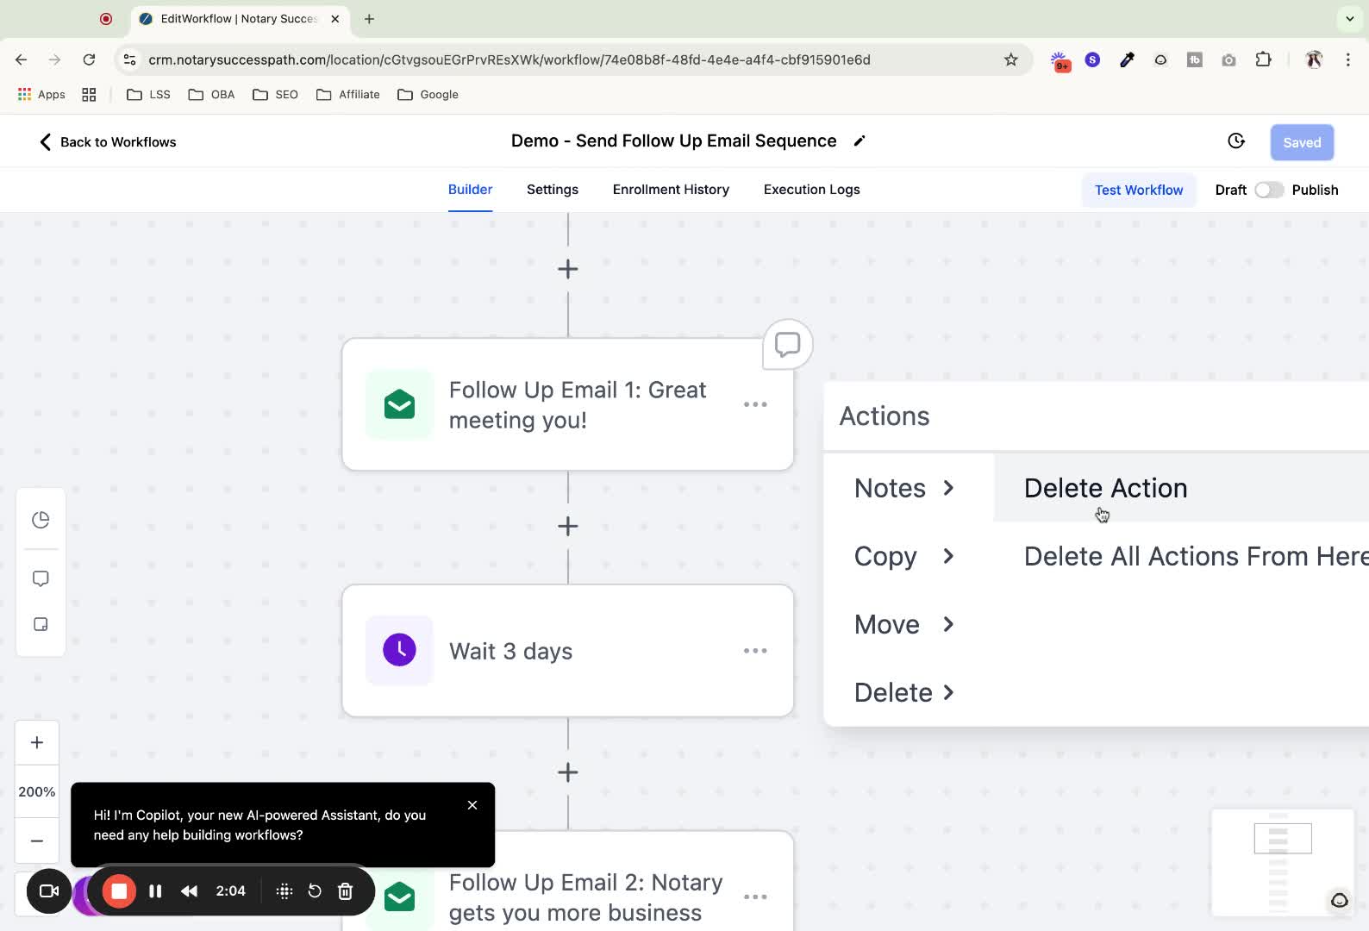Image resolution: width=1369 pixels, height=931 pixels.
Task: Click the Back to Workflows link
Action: coord(108,142)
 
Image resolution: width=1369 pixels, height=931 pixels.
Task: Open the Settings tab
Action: coord(552,190)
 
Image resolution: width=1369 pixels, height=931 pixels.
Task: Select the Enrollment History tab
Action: coord(671,190)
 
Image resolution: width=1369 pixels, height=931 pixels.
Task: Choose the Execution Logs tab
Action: coord(811,190)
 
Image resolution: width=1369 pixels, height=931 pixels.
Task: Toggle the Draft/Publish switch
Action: coord(1269,191)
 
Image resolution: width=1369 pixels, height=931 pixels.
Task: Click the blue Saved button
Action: coord(1302,142)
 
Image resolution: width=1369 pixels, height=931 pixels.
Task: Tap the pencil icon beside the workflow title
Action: coord(860,141)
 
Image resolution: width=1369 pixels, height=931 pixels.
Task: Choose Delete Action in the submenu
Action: coord(1105,488)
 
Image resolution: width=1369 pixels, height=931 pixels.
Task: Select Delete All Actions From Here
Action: coord(1196,556)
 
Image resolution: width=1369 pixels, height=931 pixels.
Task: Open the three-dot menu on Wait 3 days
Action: coord(755,651)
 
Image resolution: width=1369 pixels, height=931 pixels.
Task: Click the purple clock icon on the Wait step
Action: coord(399,650)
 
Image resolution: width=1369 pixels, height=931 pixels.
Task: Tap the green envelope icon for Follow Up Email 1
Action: coord(399,404)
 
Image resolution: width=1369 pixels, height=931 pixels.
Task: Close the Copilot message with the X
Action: coord(472,805)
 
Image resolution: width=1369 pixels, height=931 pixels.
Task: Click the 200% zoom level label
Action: coord(37,791)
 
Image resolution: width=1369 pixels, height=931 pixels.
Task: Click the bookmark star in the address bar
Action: coord(1011,59)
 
